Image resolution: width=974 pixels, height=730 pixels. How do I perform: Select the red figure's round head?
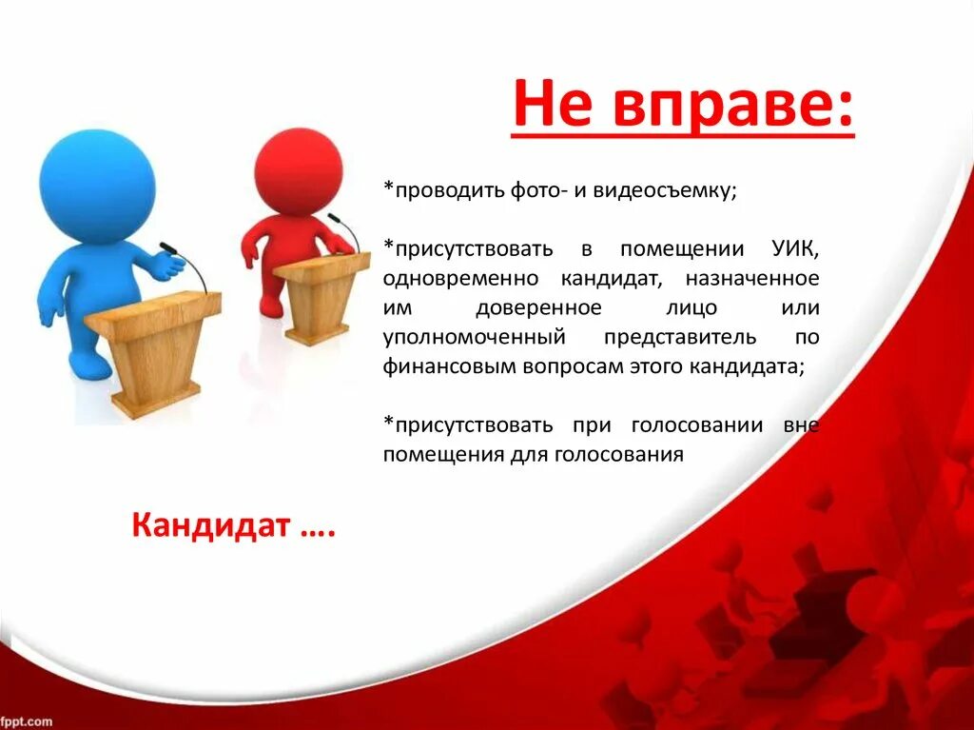[x=298, y=169]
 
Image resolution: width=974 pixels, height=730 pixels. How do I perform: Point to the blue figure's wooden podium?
[x=153, y=352]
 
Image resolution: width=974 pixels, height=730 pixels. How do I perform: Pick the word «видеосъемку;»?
[x=665, y=189]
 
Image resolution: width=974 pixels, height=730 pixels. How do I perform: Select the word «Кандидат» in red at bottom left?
[x=210, y=525]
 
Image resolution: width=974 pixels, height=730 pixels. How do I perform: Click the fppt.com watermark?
[x=26, y=722]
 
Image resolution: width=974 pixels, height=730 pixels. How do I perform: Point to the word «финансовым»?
[x=449, y=366]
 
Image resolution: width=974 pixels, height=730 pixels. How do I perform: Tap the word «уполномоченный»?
[x=474, y=338]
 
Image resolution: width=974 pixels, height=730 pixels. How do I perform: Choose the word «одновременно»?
[x=461, y=279]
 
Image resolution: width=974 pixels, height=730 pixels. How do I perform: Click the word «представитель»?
[x=680, y=337]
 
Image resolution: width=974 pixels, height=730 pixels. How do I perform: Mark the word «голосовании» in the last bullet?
[x=697, y=425]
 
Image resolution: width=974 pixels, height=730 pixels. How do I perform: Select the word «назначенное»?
[x=752, y=279]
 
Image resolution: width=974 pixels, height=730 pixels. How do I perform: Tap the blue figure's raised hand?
[x=168, y=266]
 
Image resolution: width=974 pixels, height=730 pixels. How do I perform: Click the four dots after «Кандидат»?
[x=318, y=533]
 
